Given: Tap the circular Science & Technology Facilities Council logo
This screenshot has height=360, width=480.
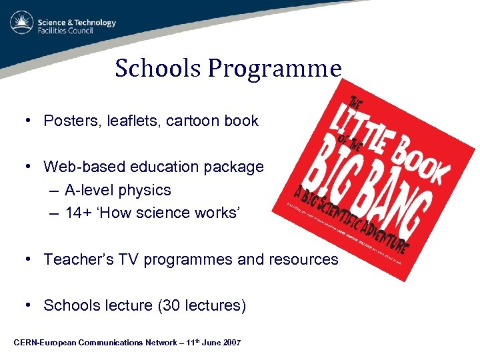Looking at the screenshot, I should click(21, 23).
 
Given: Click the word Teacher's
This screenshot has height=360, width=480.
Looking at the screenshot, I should click(79, 259).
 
